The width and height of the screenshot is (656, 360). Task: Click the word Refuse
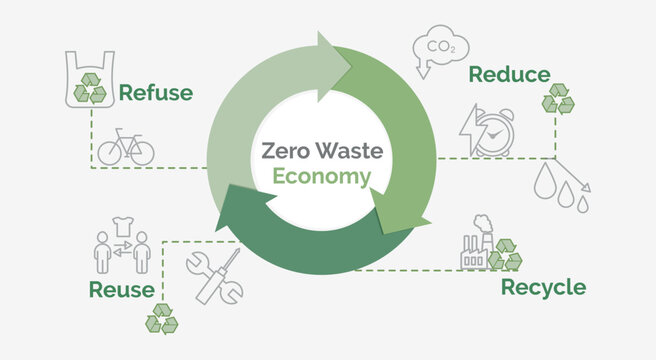coord(155,93)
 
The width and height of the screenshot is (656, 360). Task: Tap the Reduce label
coord(509,74)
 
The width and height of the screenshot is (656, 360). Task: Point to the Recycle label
coord(543,288)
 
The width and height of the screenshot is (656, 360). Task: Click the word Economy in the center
coord(322,177)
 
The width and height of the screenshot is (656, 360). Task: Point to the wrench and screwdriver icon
coord(214,274)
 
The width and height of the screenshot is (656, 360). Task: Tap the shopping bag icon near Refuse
coord(86,77)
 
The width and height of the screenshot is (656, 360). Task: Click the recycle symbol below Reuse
coord(161,319)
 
